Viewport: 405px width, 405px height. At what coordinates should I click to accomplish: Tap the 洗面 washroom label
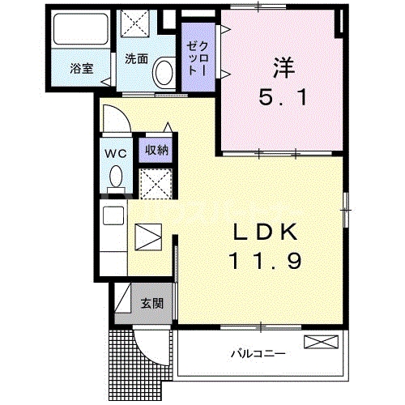136,58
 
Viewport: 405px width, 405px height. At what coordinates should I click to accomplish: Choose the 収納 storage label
156,149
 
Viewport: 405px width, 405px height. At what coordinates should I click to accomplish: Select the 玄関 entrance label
151,304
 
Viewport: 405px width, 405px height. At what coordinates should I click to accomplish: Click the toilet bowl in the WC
115,175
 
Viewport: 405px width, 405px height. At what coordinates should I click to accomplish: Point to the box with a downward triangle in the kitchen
147,237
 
